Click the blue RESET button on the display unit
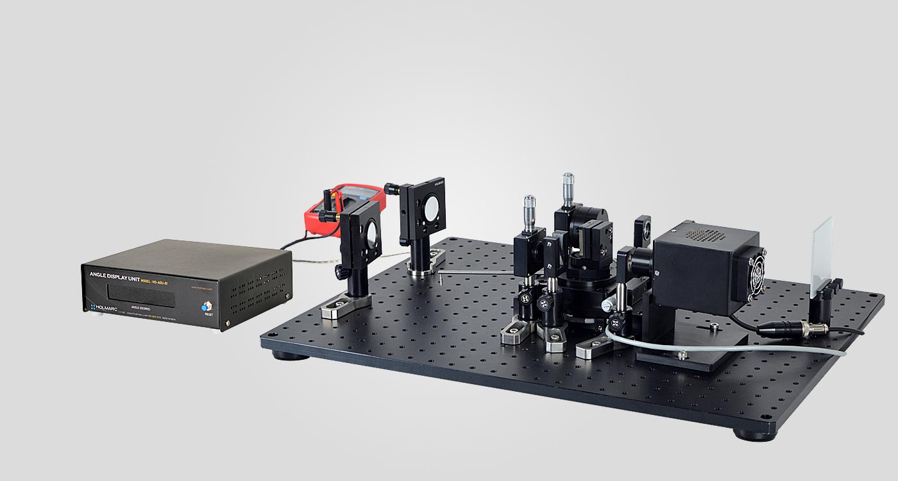(208, 307)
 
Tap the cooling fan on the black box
(758, 273)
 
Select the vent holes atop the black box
(706, 234)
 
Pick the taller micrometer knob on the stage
(568, 187)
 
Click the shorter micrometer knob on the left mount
(529, 209)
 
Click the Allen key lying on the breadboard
(475, 274)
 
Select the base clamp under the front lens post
(346, 308)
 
